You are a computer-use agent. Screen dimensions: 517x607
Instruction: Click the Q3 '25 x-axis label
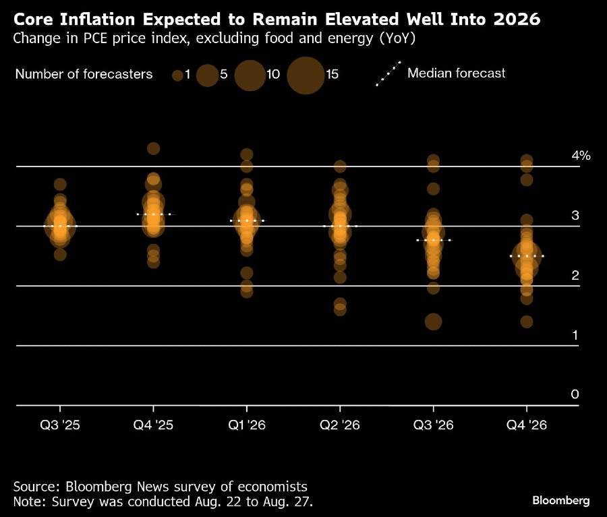point(61,425)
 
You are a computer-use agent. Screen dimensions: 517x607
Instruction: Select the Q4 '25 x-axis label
point(154,425)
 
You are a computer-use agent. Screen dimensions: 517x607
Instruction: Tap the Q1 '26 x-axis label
point(246,425)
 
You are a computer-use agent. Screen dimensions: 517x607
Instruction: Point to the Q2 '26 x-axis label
point(339,425)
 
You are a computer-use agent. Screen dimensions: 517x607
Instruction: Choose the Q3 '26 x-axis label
point(432,425)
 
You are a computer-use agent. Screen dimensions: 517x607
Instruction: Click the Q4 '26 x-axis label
point(525,425)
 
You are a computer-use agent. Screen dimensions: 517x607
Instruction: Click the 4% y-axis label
point(581,156)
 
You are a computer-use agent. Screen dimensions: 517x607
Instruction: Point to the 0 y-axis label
point(575,394)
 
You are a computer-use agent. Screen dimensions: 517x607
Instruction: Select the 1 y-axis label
point(575,335)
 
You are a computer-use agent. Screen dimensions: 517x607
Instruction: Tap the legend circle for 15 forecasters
point(306,75)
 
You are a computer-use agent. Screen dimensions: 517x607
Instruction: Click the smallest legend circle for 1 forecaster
point(177,75)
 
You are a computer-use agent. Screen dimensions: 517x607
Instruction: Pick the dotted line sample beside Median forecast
point(388,73)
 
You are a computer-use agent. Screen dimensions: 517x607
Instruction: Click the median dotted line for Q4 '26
point(526,256)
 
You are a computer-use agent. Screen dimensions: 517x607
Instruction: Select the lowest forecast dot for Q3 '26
point(433,322)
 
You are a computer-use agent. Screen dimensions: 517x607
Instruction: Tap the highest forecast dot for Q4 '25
point(154,149)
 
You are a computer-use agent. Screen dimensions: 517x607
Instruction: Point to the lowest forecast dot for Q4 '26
point(526,322)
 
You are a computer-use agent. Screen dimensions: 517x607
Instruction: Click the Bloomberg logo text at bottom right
point(561,501)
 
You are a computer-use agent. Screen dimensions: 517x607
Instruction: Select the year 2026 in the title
point(516,19)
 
